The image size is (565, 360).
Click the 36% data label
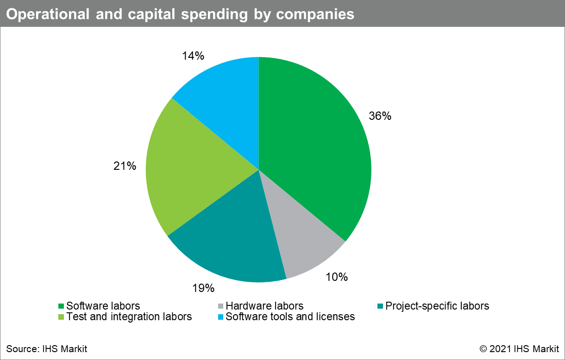point(380,116)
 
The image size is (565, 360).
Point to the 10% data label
point(336,277)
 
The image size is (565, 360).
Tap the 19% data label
point(203,288)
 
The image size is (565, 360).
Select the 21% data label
point(125,166)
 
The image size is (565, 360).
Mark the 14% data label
point(193,56)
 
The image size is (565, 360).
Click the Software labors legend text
point(103,306)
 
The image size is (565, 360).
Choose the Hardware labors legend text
point(264,306)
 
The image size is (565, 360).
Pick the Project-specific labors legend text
point(437,306)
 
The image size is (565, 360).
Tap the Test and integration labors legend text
point(129,317)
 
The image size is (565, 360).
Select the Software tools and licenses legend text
point(290,317)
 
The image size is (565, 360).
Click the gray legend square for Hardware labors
point(220,306)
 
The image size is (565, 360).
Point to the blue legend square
point(220,317)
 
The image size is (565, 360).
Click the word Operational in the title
point(45,14)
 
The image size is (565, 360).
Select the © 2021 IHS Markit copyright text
point(519,348)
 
